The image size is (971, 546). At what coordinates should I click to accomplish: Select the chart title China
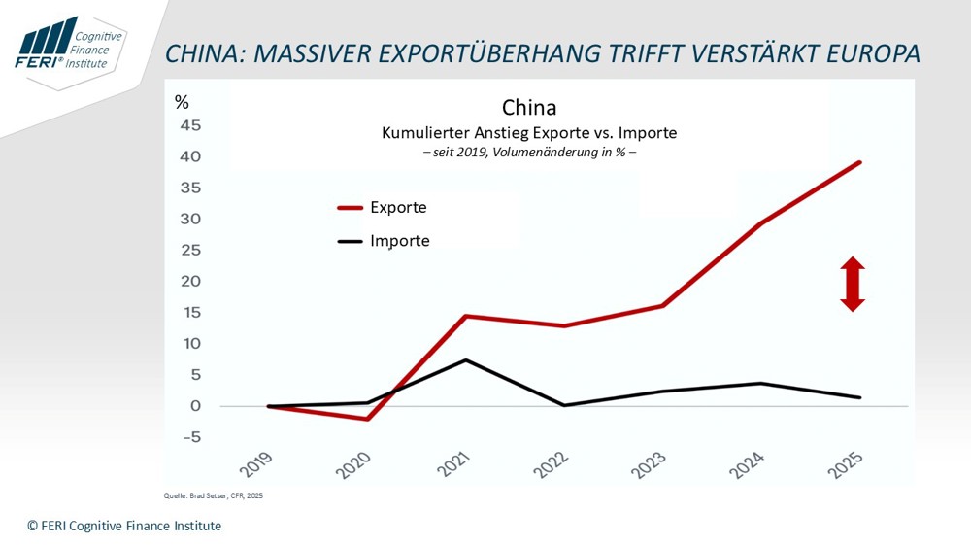coord(529,107)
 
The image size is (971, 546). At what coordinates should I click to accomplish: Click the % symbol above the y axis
coord(182,102)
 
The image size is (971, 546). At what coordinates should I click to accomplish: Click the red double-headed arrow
coord(853,284)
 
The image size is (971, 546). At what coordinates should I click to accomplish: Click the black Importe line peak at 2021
coord(467,360)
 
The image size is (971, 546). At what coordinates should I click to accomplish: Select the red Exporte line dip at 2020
coord(367,419)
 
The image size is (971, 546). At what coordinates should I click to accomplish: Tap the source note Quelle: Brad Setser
coord(213,496)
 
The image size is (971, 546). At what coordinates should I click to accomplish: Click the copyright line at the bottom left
coord(124,526)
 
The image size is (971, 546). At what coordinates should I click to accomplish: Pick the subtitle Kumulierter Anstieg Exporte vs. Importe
coord(529,132)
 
